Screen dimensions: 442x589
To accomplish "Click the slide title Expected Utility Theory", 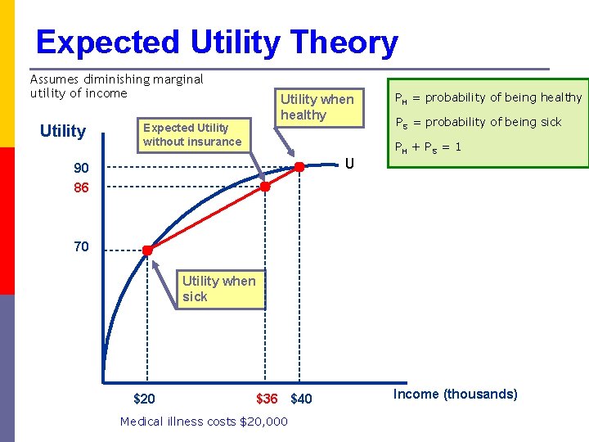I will point(217,42).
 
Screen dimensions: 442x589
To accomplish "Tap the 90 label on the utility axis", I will point(81,169).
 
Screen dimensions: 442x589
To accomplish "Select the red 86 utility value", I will point(81,187).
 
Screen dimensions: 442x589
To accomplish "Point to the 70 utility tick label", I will point(81,246).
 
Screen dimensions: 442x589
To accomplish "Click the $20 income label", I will point(144,399).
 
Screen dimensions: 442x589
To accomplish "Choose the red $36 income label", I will point(267,399).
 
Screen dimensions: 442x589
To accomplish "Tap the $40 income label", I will point(301,399).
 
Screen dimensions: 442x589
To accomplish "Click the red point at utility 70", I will point(147,250).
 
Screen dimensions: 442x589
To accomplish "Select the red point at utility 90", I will point(299,167).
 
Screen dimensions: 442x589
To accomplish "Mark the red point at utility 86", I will point(265,187).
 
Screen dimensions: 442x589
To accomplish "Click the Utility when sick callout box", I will point(219,289).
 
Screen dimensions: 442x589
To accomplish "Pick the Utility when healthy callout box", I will point(317,107).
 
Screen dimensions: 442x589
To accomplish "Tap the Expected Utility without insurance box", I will point(192,134).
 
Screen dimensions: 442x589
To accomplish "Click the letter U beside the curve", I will point(349,163).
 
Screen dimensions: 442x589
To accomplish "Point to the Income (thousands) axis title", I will point(455,395).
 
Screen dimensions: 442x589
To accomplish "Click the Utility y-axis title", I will point(63,131).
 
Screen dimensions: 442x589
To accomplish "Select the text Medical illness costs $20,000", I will point(204,422).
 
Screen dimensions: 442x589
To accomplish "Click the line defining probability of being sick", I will point(478,122).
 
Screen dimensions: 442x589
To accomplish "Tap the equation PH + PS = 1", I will point(428,148).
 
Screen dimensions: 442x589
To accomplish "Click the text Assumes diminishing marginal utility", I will point(116,86).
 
